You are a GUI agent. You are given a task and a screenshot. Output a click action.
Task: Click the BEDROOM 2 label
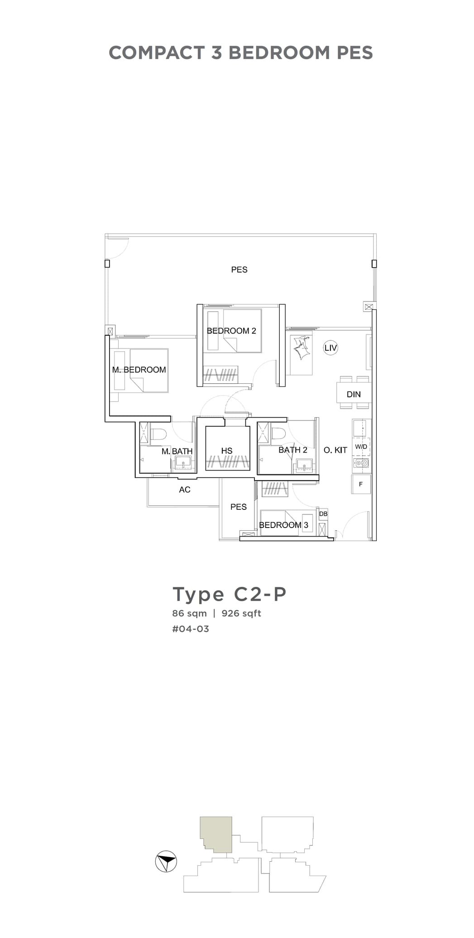click(x=231, y=330)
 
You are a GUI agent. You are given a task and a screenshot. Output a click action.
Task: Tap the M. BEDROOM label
click(x=139, y=369)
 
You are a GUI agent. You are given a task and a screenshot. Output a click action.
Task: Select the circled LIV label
click(x=330, y=348)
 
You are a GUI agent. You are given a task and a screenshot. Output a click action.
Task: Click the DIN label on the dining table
click(x=354, y=394)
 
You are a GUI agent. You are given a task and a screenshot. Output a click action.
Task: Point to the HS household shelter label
click(x=227, y=451)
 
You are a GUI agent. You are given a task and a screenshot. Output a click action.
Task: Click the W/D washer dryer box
click(x=361, y=447)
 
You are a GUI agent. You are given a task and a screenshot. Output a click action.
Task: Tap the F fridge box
click(x=361, y=484)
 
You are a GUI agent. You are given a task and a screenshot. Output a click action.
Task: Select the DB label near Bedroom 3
click(x=323, y=514)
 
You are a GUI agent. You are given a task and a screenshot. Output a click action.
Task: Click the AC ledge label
click(x=185, y=490)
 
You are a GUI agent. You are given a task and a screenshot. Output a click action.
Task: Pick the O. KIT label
click(x=335, y=450)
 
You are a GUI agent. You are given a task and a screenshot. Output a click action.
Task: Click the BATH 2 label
click(x=293, y=450)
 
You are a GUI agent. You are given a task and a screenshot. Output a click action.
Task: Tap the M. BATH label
click(x=177, y=451)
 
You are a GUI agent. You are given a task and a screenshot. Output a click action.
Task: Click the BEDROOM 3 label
click(x=283, y=525)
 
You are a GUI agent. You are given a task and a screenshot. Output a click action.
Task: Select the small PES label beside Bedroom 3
click(x=239, y=507)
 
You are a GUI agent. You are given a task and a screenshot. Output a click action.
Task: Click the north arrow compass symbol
click(x=166, y=862)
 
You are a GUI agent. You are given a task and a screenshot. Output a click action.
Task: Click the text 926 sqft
click(x=241, y=613)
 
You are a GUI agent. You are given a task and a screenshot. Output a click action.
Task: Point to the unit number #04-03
click(x=191, y=629)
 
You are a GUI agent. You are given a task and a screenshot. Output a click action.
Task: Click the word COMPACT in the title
click(x=157, y=53)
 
